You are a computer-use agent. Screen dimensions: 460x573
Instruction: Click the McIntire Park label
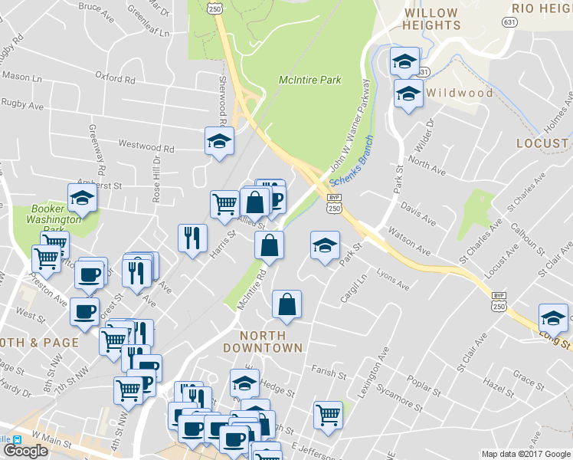[309, 80]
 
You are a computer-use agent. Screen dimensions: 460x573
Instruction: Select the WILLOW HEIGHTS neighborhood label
[432, 19]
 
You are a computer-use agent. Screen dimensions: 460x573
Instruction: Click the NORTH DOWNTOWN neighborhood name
[263, 341]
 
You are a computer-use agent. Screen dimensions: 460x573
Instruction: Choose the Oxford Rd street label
[115, 77]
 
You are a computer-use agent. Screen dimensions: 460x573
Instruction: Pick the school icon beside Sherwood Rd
[219, 140]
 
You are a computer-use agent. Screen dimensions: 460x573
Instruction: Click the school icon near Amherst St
[82, 198]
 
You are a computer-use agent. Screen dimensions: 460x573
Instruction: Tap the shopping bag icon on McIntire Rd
[269, 245]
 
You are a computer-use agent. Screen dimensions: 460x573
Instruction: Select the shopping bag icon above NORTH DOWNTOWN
[286, 304]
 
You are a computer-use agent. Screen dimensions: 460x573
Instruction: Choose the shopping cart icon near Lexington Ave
[328, 414]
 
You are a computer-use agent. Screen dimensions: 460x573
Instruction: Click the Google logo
[25, 451]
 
